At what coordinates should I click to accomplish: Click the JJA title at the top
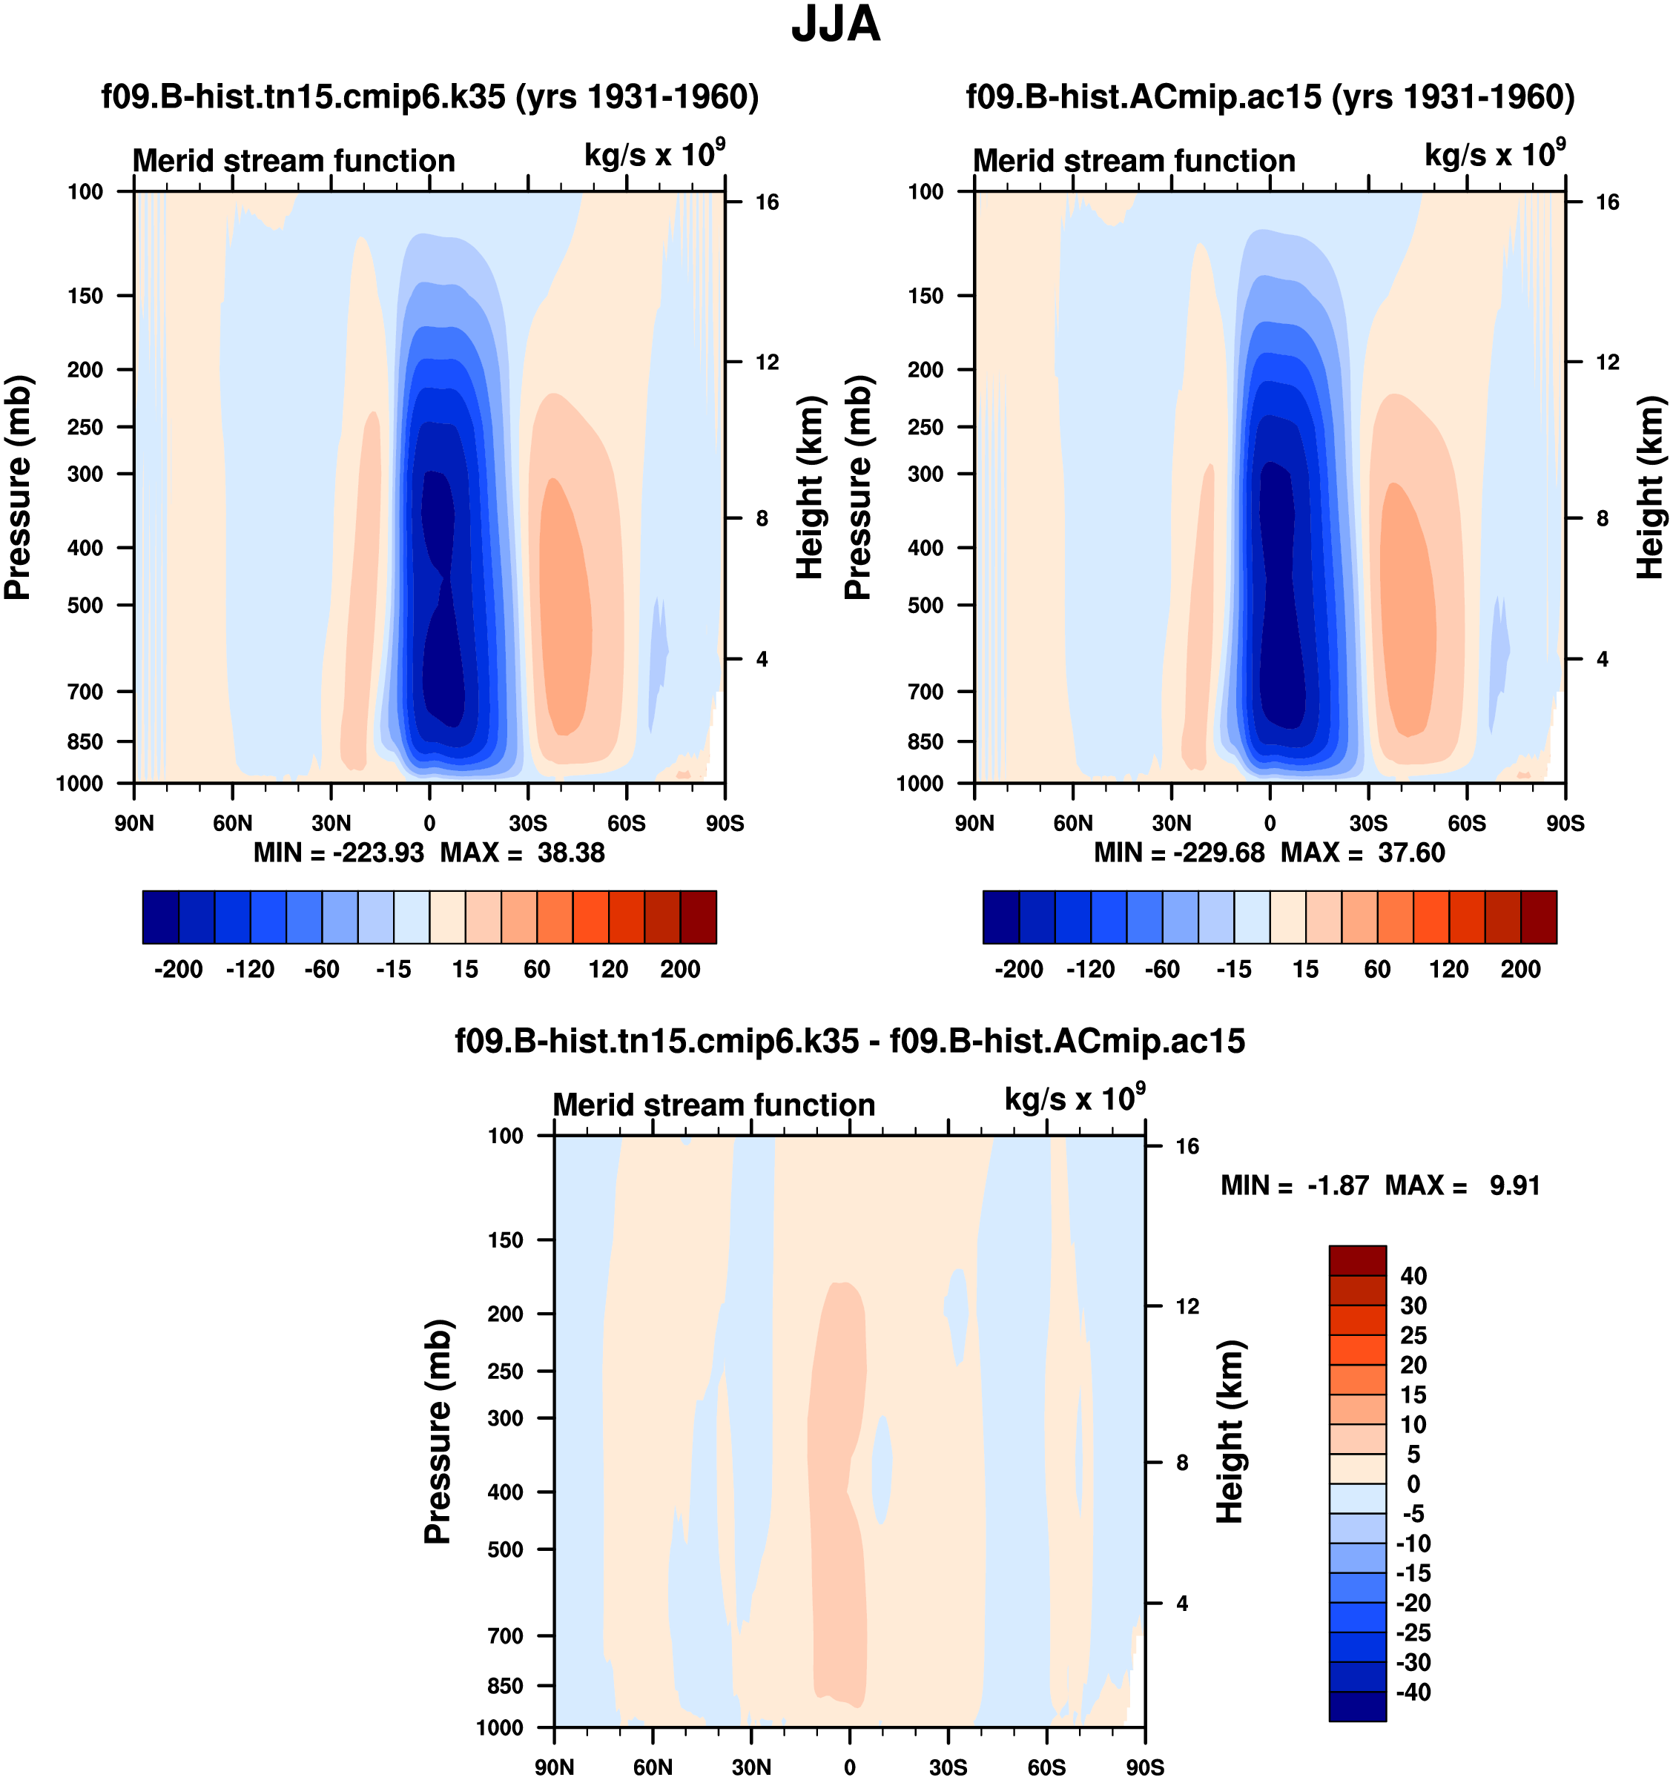[836, 24]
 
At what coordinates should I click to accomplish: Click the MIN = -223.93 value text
[339, 853]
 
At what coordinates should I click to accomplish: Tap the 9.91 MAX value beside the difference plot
[1514, 1185]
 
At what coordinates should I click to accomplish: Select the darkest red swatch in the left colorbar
[699, 917]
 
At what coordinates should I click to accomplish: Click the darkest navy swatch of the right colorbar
[1001, 917]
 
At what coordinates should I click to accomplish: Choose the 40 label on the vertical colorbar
[1413, 1276]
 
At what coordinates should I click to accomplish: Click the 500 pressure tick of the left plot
[85, 605]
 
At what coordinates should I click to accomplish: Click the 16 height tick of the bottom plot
[1187, 1146]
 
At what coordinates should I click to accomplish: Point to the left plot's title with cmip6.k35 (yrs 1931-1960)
[430, 96]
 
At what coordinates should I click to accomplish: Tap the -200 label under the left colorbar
[178, 970]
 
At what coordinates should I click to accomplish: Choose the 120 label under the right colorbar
[1448, 970]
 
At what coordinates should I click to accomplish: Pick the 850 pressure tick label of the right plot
[925, 741]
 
